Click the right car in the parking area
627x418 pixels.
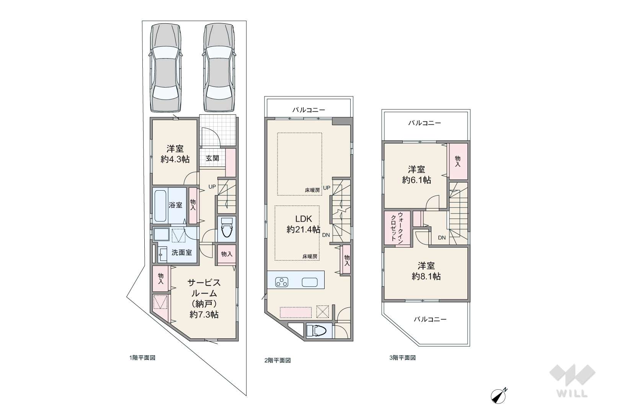pos(219,68)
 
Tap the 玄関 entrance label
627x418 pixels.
pos(212,158)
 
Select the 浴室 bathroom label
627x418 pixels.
pos(175,205)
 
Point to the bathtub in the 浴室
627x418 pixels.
pos(160,206)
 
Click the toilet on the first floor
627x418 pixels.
pos(227,228)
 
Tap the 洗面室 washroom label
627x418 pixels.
pos(182,253)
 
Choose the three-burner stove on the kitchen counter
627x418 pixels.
pos(282,282)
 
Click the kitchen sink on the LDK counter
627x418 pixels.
pos(310,282)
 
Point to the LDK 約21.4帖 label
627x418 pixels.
pos(304,224)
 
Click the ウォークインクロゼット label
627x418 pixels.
pos(397,228)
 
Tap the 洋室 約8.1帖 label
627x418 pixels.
pos(426,271)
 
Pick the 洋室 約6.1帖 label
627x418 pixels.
pos(416,175)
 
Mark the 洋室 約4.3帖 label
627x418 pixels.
pos(175,154)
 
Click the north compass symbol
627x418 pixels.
pos(499,395)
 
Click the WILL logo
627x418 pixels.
pos(572,380)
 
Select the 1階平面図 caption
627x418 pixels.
pos(142,358)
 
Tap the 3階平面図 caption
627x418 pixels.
pos(403,358)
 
